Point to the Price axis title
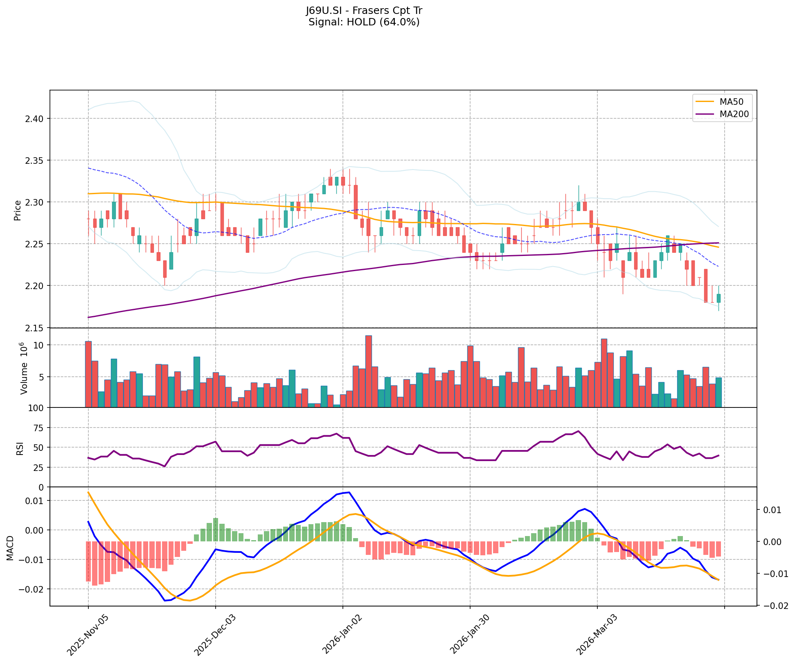(18, 210)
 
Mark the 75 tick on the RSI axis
(40, 428)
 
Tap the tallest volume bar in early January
(368, 371)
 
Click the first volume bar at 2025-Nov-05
(88, 374)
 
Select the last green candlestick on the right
(718, 298)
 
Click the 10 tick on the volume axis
(38, 345)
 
